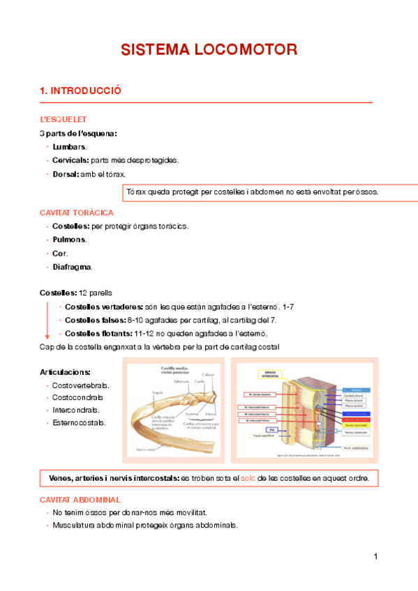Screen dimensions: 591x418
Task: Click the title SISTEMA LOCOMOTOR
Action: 209,50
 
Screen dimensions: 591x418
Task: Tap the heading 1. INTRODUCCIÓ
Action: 81,91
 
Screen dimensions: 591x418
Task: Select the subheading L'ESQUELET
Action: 63,120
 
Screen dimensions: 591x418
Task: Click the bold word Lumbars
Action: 69,147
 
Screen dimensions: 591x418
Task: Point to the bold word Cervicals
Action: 71,160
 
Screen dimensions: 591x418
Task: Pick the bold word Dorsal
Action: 66,174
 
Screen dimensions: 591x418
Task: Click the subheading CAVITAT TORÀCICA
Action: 77,213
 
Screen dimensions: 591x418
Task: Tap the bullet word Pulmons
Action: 69,240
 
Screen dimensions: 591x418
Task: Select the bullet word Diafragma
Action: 72,267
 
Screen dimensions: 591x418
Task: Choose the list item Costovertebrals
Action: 81,385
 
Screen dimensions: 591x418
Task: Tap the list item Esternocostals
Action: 80,422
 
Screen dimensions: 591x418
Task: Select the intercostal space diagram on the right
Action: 305,411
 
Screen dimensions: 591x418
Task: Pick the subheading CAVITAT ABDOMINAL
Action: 80,500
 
